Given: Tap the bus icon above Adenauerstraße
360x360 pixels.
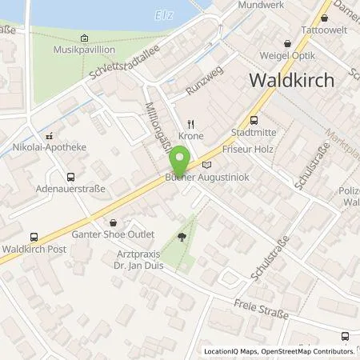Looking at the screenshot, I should pyautogui.click(x=71, y=178).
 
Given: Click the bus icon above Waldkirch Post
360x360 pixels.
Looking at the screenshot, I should pyautogui.click(x=34, y=237).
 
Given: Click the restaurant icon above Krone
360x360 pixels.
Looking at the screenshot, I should pyautogui.click(x=190, y=123).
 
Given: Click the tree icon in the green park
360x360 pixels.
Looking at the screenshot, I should pyautogui.click(x=182, y=237).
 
